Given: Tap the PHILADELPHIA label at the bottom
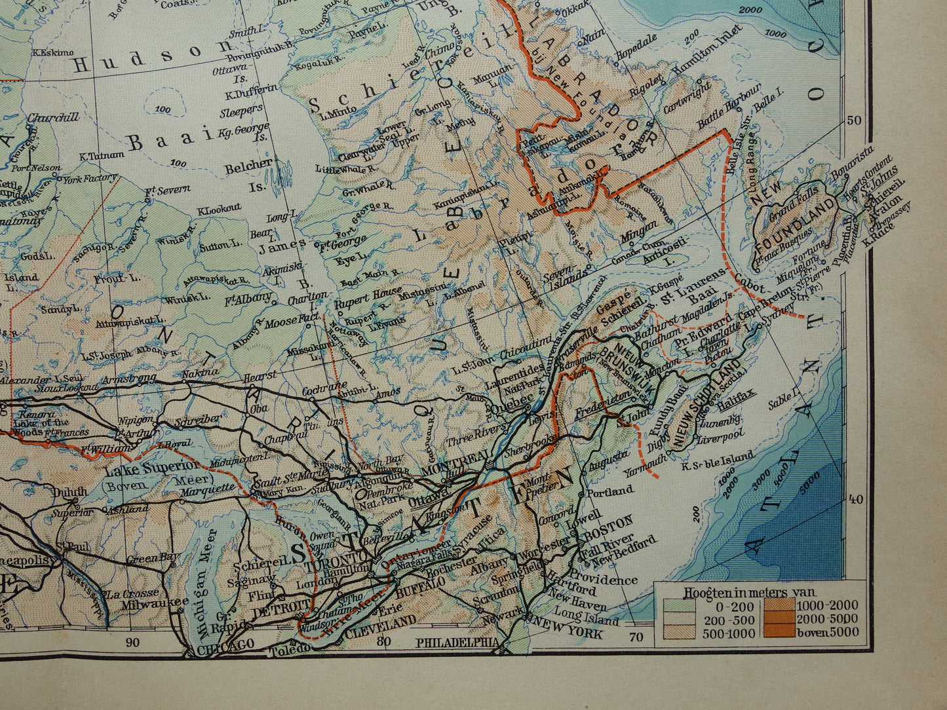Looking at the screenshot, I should (457, 643).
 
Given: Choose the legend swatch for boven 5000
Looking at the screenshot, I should (777, 632).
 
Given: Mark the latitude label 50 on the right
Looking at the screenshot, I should (854, 121).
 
